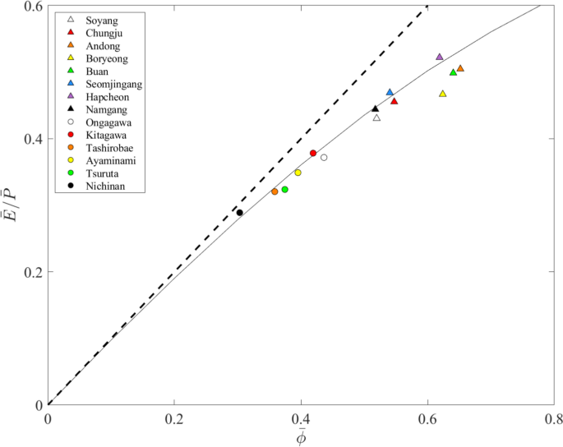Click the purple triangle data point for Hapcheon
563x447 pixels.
tap(440, 57)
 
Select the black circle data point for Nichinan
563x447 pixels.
tap(240, 213)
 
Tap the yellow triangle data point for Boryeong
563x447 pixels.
tap(443, 94)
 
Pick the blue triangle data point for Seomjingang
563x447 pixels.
tap(390, 92)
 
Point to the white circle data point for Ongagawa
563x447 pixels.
tap(324, 158)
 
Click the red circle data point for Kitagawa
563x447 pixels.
tap(313, 154)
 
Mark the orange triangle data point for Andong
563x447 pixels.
tap(460, 68)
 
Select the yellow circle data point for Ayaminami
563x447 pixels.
tap(298, 173)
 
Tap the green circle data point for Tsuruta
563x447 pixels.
tap(285, 190)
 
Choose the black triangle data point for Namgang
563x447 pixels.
tap(376, 108)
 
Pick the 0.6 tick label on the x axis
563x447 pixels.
tap(427, 419)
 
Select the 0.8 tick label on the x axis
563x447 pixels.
tap(554, 419)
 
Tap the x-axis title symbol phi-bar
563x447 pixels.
tap(302, 436)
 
